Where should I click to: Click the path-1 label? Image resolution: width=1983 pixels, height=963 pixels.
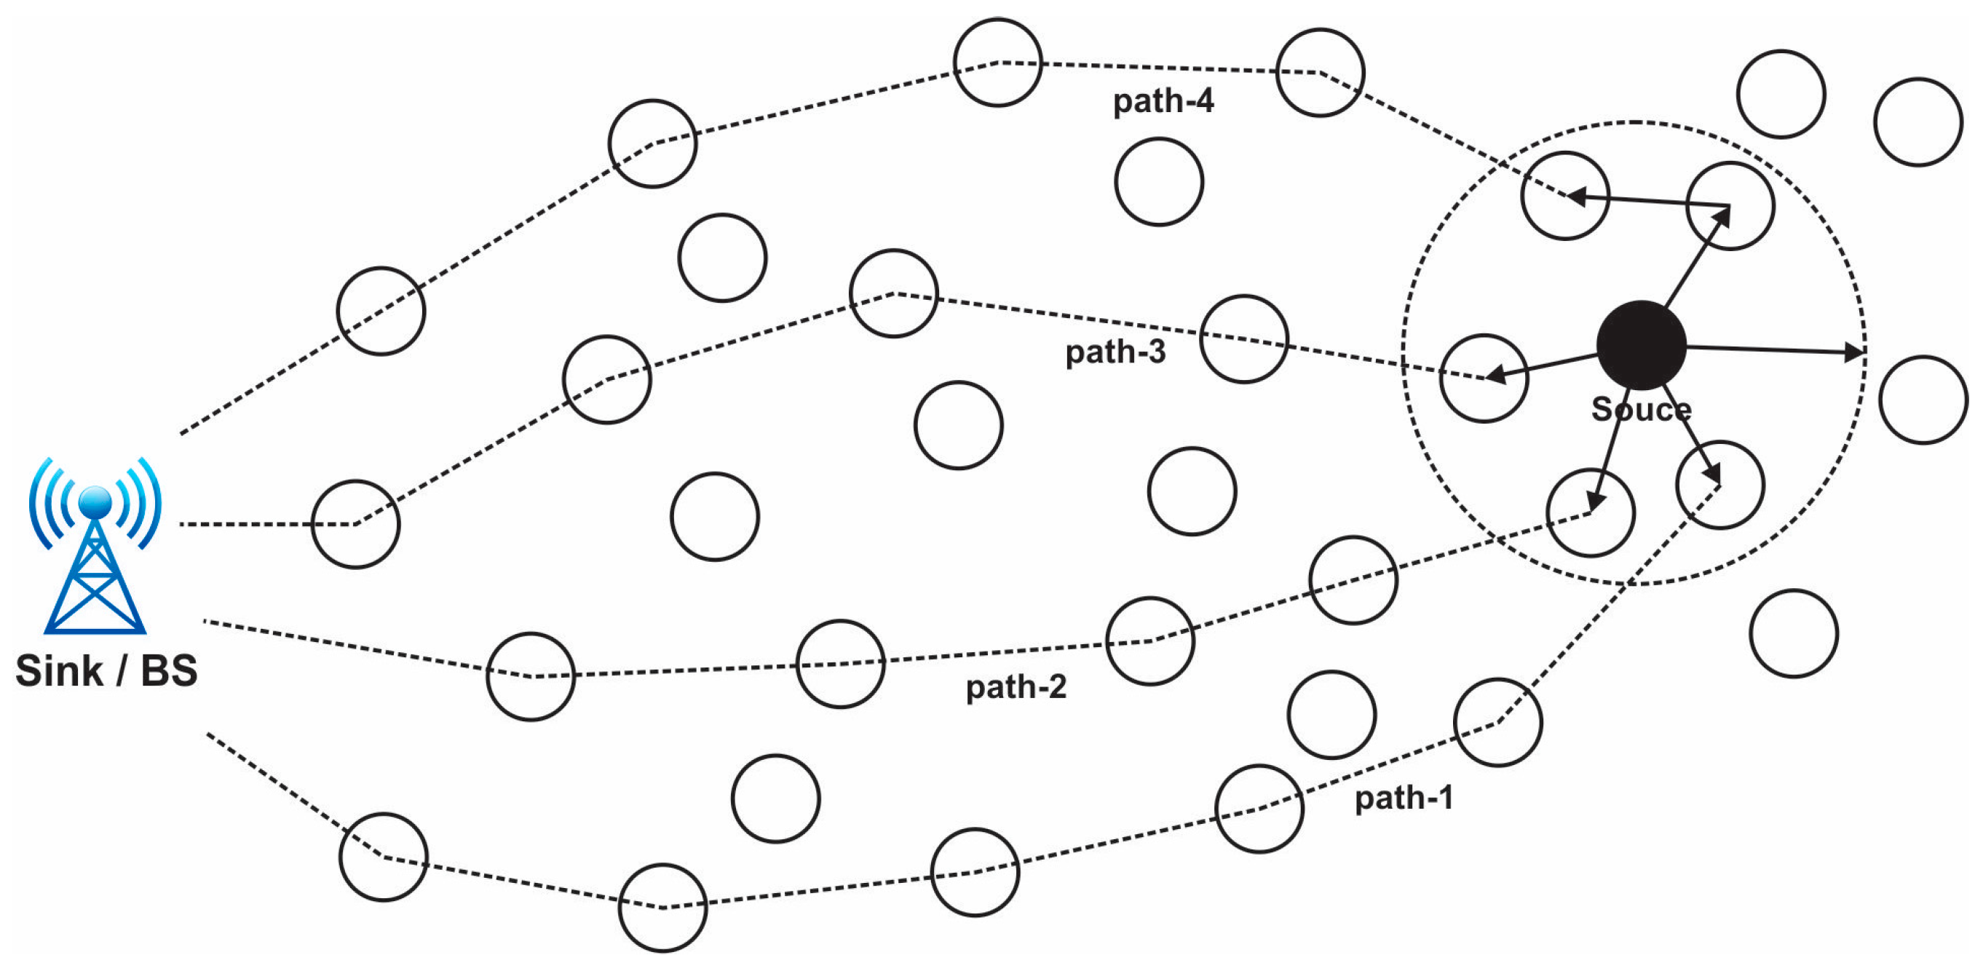(1404, 798)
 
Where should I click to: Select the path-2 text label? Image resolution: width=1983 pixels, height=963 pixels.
(1016, 686)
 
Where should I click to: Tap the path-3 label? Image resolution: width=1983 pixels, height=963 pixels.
(1115, 352)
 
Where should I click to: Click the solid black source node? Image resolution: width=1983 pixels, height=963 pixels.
(1641, 345)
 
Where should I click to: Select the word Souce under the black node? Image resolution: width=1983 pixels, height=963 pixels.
(1641, 409)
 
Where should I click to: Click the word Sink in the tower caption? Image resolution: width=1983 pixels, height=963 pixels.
(58, 670)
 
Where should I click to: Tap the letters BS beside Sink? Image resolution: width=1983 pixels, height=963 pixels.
(169, 670)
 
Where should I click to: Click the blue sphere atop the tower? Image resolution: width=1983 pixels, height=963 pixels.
(95, 501)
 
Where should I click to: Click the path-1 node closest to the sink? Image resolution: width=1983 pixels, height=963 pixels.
(384, 857)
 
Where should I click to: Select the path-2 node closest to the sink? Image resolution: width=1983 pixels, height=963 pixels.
(531, 677)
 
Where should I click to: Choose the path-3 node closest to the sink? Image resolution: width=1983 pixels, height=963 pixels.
(356, 524)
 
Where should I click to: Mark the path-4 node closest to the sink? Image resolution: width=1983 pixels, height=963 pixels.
(381, 311)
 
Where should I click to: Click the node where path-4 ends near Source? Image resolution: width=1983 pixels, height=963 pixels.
(1565, 197)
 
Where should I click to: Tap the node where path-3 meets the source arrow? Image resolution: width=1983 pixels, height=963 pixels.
(1484, 378)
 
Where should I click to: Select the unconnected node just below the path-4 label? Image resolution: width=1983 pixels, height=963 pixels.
(1158, 182)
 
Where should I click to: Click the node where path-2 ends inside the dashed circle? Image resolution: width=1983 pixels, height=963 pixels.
(1590, 512)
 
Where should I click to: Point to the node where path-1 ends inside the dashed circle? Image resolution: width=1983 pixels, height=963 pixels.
(1719, 485)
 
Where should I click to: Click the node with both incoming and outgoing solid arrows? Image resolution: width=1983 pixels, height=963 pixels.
(1730, 206)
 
